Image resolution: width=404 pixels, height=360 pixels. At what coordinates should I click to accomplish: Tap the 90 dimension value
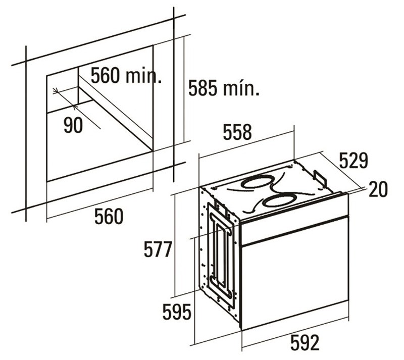73,126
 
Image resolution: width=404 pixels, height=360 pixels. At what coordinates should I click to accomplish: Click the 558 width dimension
237,132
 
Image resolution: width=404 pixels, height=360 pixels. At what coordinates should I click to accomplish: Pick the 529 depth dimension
353,161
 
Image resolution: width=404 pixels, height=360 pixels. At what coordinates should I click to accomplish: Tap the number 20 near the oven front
378,189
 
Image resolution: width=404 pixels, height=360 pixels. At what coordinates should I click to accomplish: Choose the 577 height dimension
158,249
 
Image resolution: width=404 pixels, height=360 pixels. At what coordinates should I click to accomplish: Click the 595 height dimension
177,312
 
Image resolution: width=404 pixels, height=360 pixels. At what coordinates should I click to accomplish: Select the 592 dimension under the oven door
305,343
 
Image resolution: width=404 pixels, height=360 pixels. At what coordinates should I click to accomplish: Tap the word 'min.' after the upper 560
144,75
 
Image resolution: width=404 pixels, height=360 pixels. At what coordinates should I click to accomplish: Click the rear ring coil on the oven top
257,182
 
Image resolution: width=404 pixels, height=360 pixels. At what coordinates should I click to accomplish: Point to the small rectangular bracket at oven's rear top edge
320,177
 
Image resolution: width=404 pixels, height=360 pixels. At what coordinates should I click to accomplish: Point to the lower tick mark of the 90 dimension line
75,106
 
